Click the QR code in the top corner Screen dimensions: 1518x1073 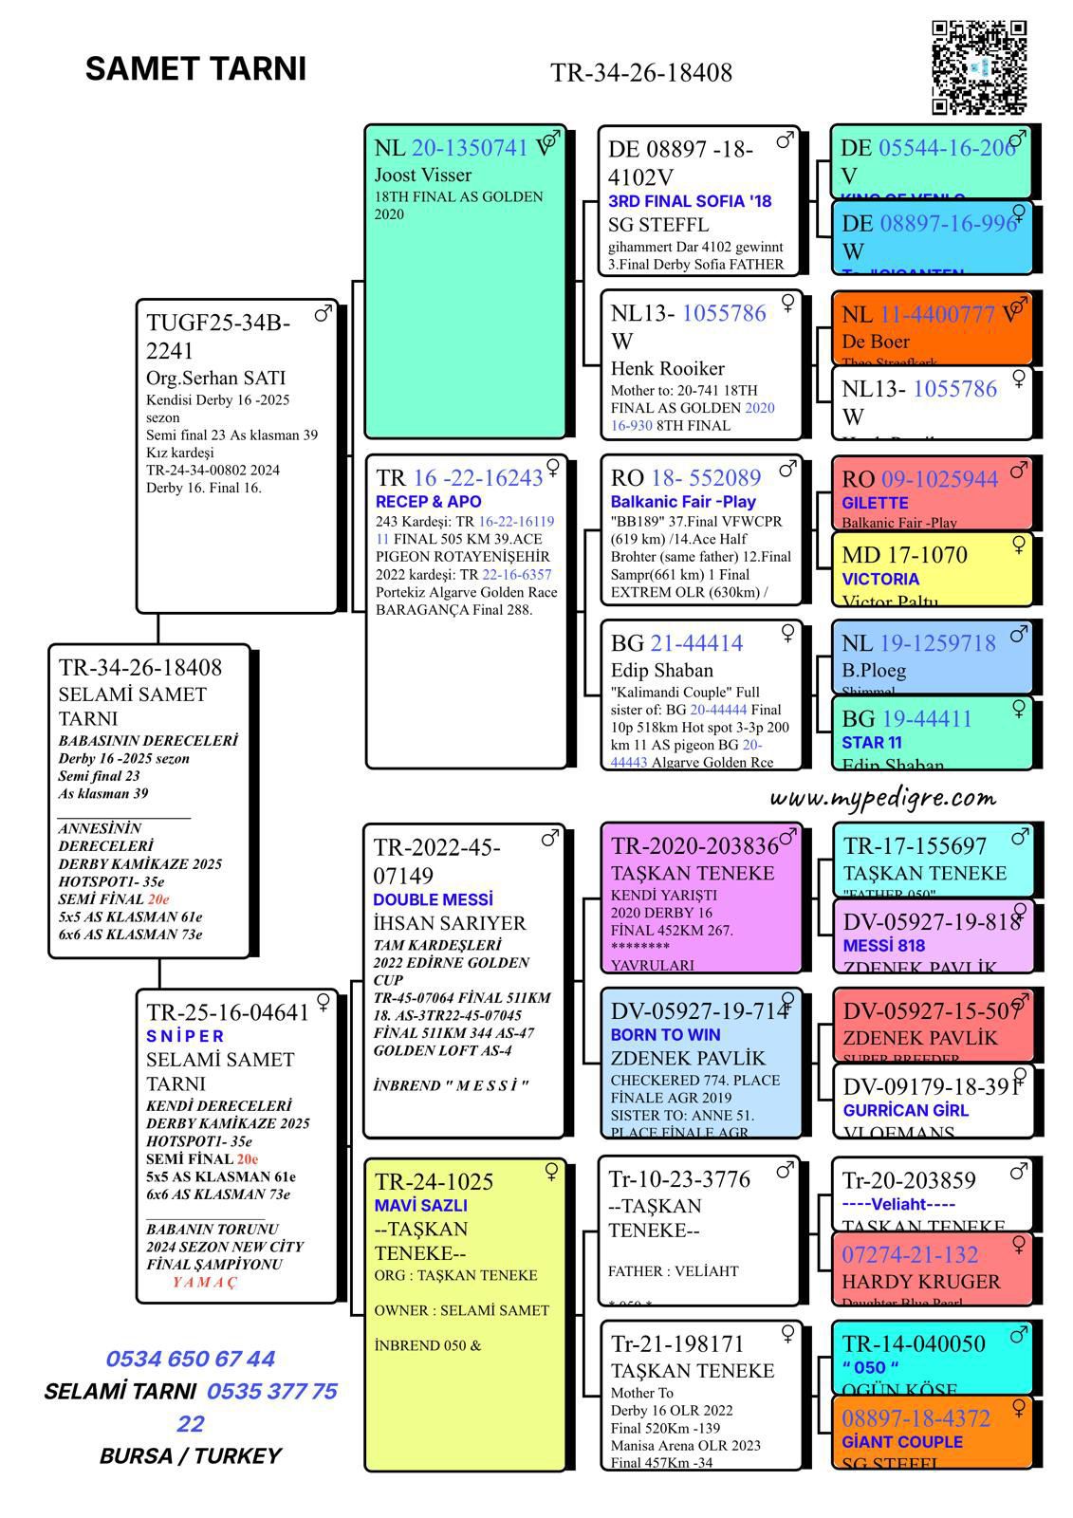979,67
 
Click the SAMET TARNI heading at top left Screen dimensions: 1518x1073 195,69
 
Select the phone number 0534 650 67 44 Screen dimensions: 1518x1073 191,1359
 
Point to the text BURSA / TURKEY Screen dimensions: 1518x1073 191,1456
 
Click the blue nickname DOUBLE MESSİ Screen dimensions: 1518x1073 433,899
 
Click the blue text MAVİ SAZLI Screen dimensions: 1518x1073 420,1206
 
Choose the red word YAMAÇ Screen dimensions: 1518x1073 205,1282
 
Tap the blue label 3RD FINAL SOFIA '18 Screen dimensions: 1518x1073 690,201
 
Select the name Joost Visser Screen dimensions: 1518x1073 422,175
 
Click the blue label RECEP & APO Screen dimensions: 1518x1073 428,501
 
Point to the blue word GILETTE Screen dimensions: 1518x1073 875,503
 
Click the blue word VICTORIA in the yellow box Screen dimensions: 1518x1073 880,579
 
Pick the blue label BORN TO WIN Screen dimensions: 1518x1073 665,1034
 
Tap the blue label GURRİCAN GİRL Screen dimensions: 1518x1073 905,1110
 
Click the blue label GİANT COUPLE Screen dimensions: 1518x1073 901,1442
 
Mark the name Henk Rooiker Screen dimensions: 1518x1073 667,368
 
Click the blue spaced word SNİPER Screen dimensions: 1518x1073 185,1036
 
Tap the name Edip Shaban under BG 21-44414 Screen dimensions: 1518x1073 661,670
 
